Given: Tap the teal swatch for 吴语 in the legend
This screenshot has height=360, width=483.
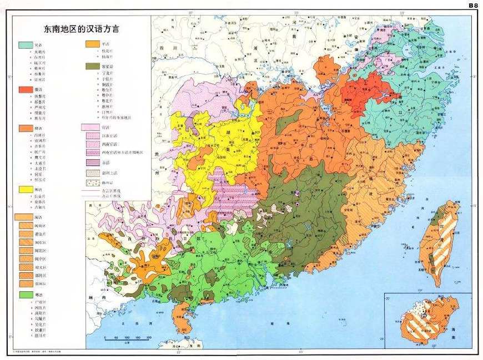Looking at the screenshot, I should click(25, 44).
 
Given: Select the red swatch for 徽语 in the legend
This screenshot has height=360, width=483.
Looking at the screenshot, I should click(25, 90).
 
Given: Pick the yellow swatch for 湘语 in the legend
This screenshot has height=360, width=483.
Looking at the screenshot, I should click(25, 189).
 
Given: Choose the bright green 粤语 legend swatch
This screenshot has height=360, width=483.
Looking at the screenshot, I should click(25, 294).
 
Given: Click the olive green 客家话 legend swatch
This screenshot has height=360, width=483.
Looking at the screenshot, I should click(92, 66).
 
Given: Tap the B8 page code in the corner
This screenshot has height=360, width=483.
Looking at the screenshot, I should click(473, 5).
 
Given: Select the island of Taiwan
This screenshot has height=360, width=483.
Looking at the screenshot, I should click(439, 244).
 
